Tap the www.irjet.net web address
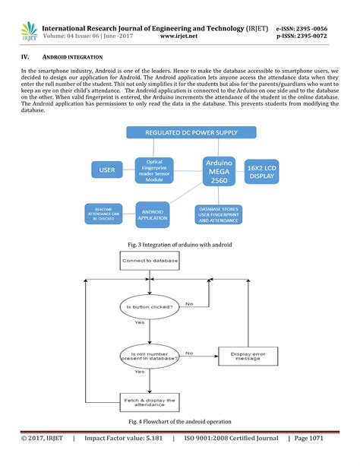[181, 35]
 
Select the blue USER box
[107, 170]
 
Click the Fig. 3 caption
[180, 244]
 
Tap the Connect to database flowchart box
[149, 261]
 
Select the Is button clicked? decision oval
[148, 309]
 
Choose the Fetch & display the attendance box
[149, 402]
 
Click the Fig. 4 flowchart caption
[180, 421]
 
